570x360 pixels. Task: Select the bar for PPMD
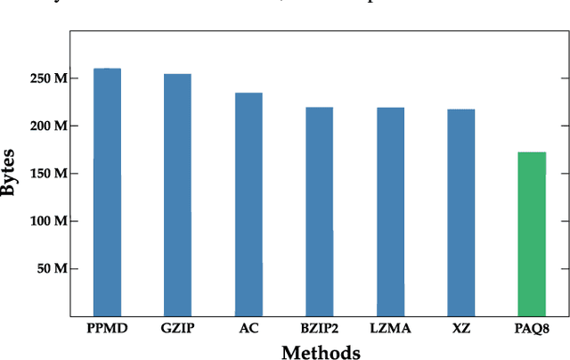click(107, 192)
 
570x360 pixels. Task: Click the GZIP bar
click(177, 194)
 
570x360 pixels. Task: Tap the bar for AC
click(248, 204)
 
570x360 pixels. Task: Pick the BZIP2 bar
click(320, 211)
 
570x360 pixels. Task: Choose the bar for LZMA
click(390, 211)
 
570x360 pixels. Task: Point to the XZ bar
click(461, 212)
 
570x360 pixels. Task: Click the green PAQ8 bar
click(532, 233)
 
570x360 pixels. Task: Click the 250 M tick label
click(48, 78)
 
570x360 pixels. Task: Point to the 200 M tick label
click(48, 126)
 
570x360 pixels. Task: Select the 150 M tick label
click(48, 173)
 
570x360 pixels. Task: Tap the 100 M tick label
click(48, 221)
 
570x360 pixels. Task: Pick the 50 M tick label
click(52, 268)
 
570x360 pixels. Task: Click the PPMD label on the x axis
click(107, 329)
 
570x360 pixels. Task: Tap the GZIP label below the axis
click(177, 329)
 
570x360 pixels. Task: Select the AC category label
click(248, 329)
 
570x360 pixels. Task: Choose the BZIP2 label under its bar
click(320, 329)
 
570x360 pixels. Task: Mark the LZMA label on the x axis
click(390, 329)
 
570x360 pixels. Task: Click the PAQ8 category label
click(532, 329)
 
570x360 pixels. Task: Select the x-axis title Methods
click(321, 351)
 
